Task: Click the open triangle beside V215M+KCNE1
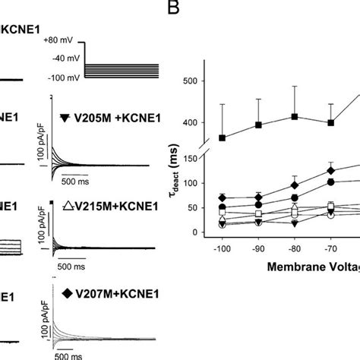[66, 205]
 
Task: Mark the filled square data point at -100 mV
[222, 137]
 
